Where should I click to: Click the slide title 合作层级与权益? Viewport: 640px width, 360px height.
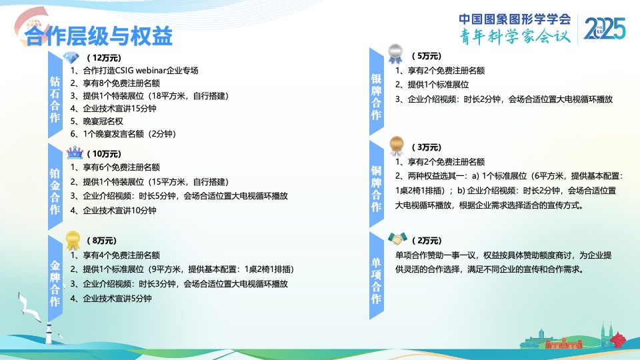(99, 36)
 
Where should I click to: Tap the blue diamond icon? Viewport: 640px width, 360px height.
(71, 57)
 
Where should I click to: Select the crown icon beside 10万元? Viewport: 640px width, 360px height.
(75, 153)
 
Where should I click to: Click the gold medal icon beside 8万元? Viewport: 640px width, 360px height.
(73, 240)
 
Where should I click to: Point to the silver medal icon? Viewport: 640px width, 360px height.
(395, 53)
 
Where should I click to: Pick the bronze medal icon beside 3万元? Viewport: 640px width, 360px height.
(396, 146)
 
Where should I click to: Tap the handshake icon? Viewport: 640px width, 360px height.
(397, 239)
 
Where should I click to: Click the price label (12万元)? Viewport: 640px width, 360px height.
(104, 57)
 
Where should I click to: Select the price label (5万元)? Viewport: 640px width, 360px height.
(427, 56)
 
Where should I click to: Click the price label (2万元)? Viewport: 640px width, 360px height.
(427, 241)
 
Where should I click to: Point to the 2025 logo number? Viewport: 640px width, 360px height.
(605, 29)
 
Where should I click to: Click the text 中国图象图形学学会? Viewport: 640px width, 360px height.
(515, 19)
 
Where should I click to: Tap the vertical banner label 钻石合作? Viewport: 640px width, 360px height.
(55, 99)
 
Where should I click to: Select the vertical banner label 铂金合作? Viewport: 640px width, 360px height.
(55, 191)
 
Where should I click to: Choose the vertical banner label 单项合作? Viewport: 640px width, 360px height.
(376, 281)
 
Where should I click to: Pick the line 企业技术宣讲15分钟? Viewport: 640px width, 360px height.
(113, 109)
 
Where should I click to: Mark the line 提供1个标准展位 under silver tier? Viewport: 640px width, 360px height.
(432, 85)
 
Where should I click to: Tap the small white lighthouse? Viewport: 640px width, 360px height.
(49, 333)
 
